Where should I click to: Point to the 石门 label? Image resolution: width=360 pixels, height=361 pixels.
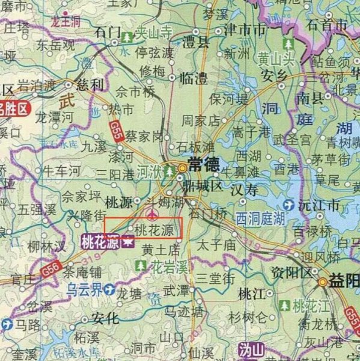click(x=108, y=30)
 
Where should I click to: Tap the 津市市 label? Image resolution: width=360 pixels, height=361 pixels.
click(x=245, y=29)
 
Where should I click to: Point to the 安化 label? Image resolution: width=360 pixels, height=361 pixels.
click(x=106, y=318)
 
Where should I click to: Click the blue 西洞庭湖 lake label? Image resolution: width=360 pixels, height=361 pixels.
click(x=260, y=217)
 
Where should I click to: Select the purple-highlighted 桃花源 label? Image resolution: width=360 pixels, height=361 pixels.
click(x=100, y=242)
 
